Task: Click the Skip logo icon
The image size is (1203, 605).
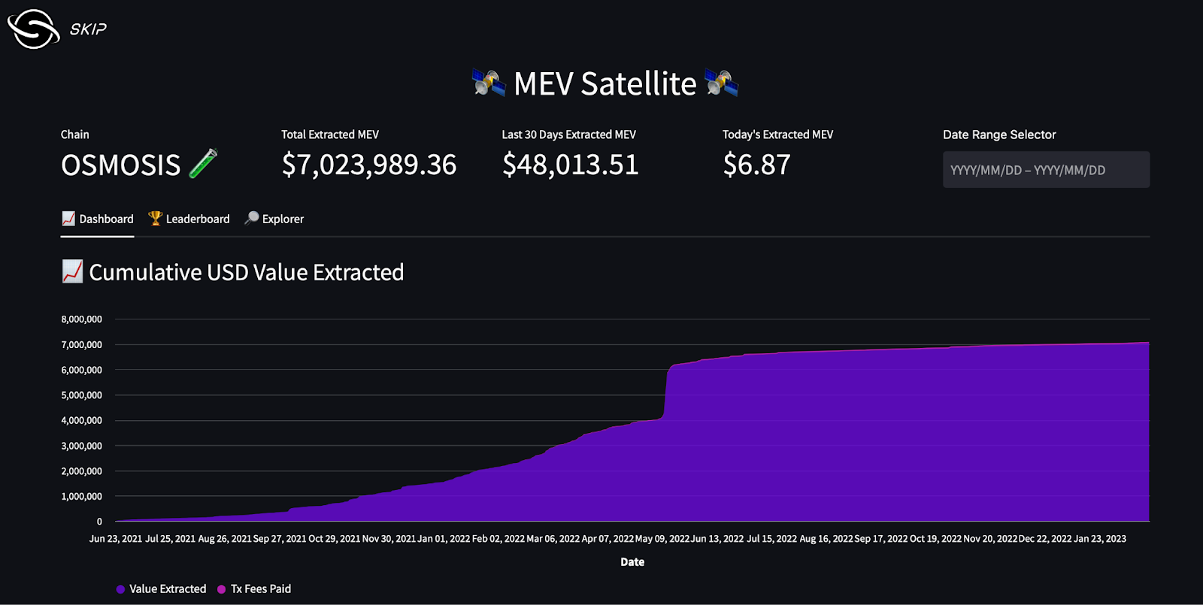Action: [x=33, y=29]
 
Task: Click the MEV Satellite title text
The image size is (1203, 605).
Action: [x=605, y=83]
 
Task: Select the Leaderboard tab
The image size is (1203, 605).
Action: [x=189, y=219]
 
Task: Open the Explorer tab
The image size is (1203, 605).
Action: [x=274, y=219]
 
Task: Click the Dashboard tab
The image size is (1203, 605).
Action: [x=98, y=219]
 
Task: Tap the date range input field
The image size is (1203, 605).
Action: [x=1045, y=170]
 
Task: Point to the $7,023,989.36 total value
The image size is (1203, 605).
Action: [x=368, y=165]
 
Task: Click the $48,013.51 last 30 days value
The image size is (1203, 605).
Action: [x=570, y=165]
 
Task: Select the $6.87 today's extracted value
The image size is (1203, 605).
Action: [x=756, y=165]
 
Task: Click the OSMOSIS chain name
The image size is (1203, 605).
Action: [x=120, y=165]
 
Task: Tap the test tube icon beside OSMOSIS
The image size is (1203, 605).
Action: [x=203, y=163]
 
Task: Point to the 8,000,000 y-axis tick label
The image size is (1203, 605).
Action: [x=81, y=319]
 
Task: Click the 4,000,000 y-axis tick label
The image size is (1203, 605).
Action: [x=81, y=421]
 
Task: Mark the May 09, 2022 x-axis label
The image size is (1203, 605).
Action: [x=662, y=539]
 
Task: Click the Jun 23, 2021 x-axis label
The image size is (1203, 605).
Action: [x=116, y=539]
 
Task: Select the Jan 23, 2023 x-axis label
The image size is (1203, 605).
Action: [x=1100, y=539]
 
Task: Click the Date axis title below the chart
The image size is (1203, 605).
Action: [x=632, y=562]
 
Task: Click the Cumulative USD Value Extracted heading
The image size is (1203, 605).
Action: [x=246, y=272]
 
